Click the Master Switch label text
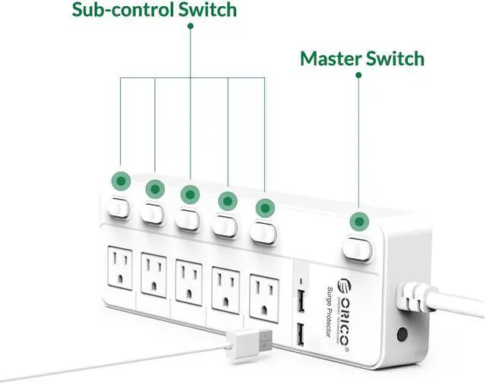tap(361, 58)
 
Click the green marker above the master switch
tap(358, 222)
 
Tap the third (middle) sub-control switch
tap(188, 217)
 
